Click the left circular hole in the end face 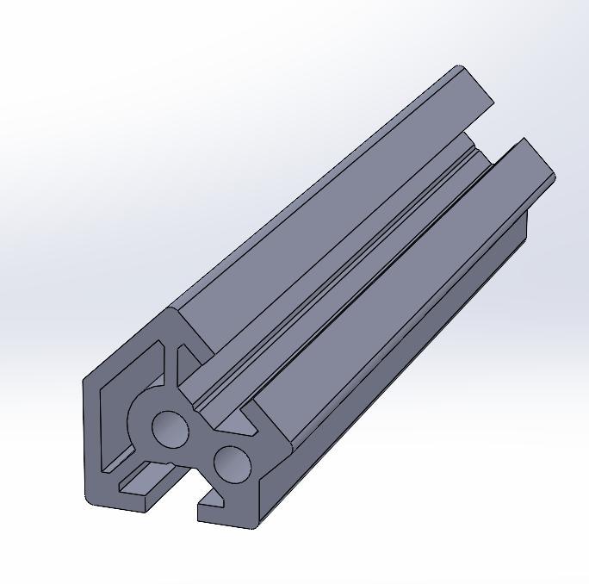click(x=170, y=427)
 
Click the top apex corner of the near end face click(x=176, y=308)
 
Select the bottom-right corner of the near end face click(x=256, y=525)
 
